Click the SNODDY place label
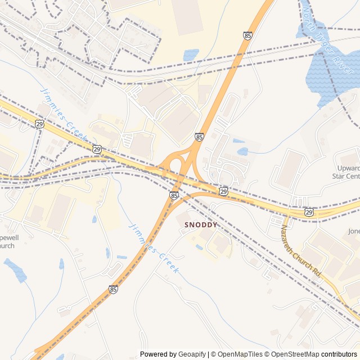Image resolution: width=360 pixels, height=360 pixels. [x=200, y=224]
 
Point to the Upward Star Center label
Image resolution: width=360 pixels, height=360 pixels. [x=346, y=172]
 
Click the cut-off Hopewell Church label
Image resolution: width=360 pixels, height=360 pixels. [x=9, y=241]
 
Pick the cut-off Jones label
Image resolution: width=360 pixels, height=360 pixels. [x=353, y=231]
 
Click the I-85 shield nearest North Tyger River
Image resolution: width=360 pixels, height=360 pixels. [x=247, y=35]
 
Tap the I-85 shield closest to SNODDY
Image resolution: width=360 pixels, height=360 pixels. [x=174, y=196]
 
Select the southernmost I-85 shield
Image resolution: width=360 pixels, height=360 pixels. [x=114, y=290]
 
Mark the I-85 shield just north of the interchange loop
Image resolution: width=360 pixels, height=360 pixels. [x=199, y=137]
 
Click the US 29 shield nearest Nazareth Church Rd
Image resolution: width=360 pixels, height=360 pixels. [x=309, y=211]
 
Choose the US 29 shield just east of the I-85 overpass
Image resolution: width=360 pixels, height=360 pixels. [x=223, y=192]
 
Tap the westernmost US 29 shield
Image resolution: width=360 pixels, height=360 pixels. [x=39, y=124]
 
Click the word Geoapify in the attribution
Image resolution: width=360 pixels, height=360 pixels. [x=192, y=354]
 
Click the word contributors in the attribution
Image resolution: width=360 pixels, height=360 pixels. [x=339, y=354]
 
